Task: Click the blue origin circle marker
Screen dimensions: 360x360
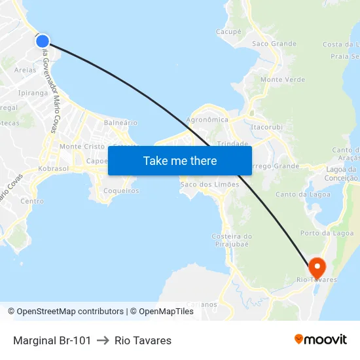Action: (43, 41)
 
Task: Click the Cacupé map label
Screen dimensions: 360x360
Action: (228, 31)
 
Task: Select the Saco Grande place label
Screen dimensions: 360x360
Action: (274, 44)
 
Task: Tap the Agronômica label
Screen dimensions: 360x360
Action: (207, 120)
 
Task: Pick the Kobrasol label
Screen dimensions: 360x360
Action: (54, 168)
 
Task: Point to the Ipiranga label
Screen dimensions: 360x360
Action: (33, 93)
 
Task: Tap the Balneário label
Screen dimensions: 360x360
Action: (121, 122)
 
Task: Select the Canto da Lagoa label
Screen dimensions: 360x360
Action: (303, 194)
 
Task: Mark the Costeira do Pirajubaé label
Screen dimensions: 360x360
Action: (232, 240)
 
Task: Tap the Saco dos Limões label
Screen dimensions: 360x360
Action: (209, 185)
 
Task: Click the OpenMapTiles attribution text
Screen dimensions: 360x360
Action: (166, 312)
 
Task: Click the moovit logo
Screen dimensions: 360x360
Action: (321, 340)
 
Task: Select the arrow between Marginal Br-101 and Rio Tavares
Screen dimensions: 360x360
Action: (103, 340)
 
